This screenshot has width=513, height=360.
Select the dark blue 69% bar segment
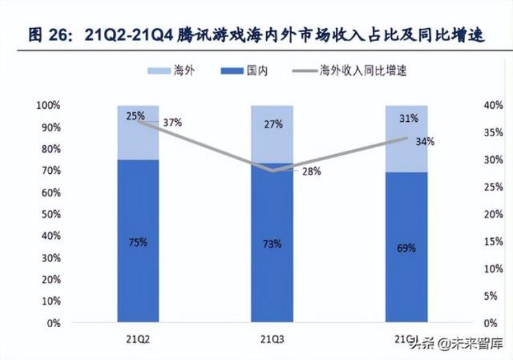(x=406, y=248)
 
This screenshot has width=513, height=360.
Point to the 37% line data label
(x=172, y=123)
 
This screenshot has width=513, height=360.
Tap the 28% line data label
(x=311, y=171)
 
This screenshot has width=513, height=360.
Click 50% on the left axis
(x=50, y=215)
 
